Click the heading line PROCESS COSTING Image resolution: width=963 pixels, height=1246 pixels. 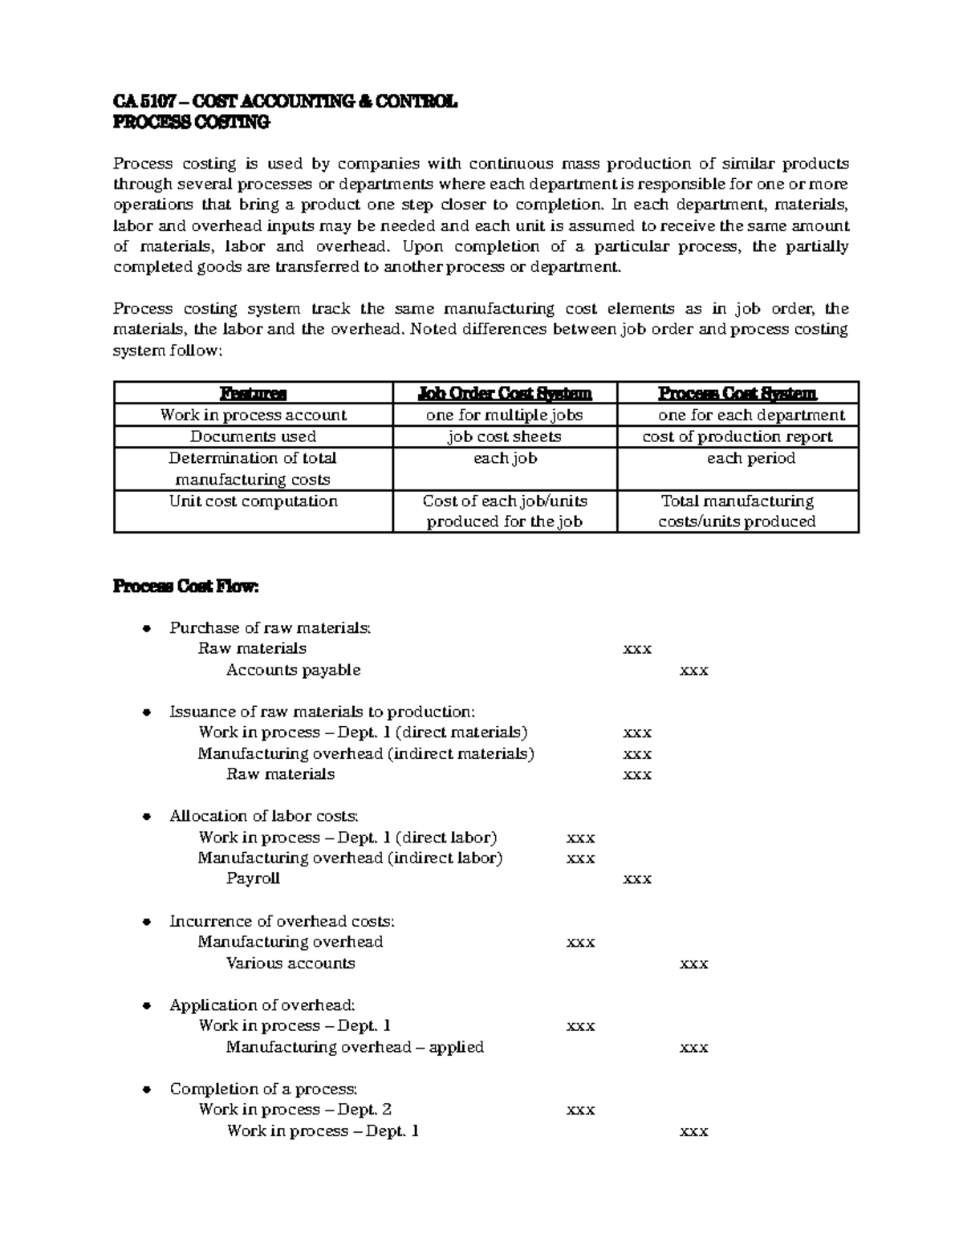191,122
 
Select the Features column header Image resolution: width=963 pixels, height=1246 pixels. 253,393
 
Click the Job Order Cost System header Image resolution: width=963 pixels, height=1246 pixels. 505,393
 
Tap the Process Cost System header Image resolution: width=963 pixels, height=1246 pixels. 737,393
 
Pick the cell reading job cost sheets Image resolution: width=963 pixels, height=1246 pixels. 505,436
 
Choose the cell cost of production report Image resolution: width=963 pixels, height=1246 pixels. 737,436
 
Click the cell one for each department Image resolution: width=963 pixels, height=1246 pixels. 750,415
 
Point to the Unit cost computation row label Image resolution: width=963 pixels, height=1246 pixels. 253,501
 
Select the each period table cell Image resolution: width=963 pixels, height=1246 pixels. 750,458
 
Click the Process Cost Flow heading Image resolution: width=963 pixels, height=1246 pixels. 186,586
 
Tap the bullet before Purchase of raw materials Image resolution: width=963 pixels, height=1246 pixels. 146,628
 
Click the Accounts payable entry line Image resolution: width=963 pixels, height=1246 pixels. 293,670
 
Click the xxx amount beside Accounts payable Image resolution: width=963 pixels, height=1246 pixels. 693,671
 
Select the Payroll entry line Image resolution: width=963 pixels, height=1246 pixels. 253,879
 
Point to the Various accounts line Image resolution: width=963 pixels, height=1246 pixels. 290,963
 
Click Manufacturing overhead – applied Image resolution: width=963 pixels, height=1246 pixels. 355,1047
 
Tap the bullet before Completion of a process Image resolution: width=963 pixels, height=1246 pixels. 146,1090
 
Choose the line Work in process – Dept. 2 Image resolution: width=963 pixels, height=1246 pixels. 295,1110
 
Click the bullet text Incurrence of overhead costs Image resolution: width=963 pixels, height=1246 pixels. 282,921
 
